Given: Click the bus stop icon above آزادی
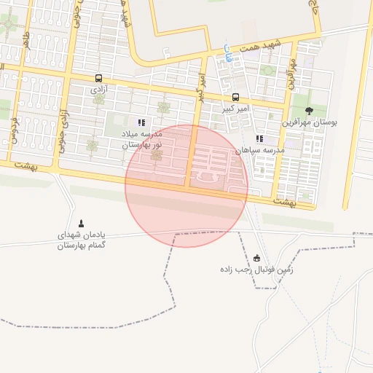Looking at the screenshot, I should [x=98, y=78].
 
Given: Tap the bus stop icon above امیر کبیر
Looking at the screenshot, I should [x=235, y=97].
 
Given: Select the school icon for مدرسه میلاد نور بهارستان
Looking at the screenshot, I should [x=141, y=123].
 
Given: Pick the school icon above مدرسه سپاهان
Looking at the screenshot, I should [x=259, y=138].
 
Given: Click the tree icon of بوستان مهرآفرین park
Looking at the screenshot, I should [x=310, y=111].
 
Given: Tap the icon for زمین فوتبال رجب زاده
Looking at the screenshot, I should [x=256, y=258].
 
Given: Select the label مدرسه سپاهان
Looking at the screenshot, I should [x=259, y=150].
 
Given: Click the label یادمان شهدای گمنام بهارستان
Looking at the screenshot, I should [x=82, y=240].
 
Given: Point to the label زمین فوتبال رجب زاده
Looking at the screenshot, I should [x=256, y=270].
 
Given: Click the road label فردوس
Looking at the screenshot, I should [x=12, y=130].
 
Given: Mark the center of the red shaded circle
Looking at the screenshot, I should [x=186, y=186].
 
